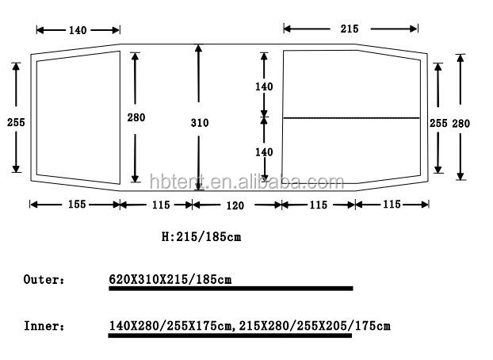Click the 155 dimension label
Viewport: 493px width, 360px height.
[x=77, y=205]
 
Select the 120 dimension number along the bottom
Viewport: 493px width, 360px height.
[x=235, y=205]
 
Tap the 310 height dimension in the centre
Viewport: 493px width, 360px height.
[x=200, y=122]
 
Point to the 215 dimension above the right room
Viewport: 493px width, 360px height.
[x=350, y=29]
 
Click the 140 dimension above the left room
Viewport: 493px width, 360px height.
[x=78, y=30]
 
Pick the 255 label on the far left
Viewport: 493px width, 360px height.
[x=16, y=122]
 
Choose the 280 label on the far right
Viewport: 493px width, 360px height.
[x=461, y=124]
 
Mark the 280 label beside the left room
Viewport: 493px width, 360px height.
[x=136, y=117]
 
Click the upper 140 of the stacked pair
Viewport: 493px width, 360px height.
[x=264, y=86]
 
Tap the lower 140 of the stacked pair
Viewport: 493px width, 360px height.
[x=264, y=152]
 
